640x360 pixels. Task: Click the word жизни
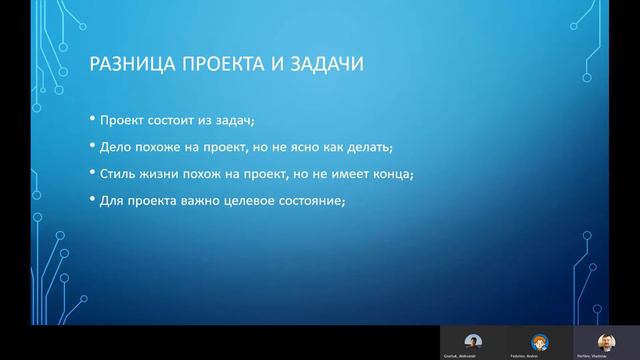click(160, 173)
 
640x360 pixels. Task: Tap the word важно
click(197, 200)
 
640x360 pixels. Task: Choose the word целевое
click(249, 200)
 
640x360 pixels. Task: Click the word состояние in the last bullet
click(313, 200)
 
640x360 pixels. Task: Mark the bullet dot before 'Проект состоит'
click(91, 121)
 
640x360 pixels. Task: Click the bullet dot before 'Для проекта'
click(91, 200)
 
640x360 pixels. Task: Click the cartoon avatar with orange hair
click(539, 340)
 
